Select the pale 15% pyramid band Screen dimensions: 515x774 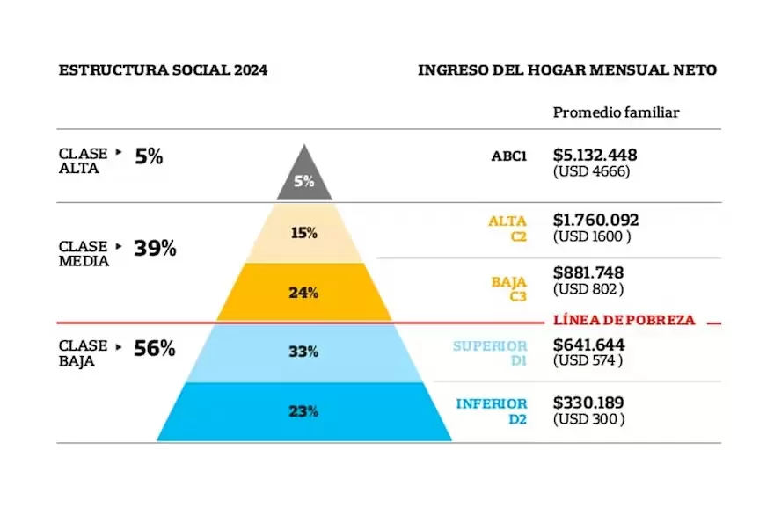tap(304, 233)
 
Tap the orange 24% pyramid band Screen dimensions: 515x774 tap(304, 293)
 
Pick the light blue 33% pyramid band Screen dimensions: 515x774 tap(304, 352)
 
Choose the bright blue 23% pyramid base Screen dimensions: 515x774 tap(304, 410)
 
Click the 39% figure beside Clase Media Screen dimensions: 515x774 tap(155, 249)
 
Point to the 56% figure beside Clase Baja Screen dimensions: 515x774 tap(155, 348)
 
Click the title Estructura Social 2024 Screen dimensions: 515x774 tap(163, 70)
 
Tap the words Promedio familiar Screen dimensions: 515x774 tap(616, 112)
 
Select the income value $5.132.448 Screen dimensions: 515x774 tap(595, 155)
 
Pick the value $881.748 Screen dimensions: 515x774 tap(589, 272)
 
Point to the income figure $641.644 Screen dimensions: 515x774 tap(589, 344)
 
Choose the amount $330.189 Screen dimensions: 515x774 tap(588, 403)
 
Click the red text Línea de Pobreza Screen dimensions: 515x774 tap(624, 321)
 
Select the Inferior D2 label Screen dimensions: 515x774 tap(492, 410)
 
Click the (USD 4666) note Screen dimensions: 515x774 tap(591, 172)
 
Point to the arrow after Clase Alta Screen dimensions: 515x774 tap(119, 152)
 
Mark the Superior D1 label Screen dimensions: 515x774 tap(490, 352)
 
